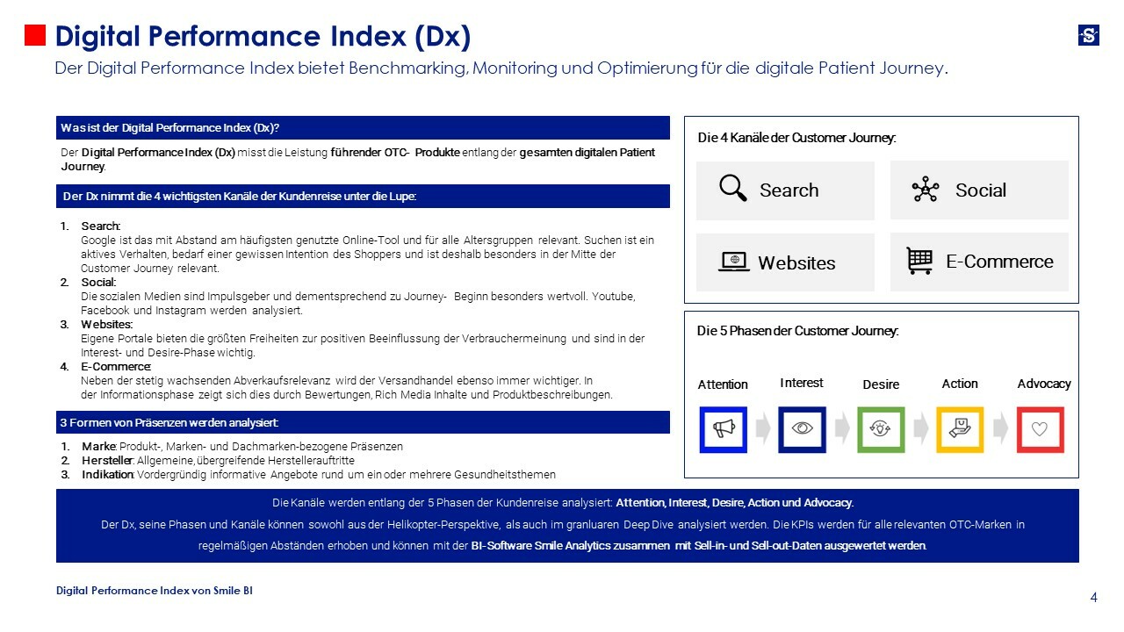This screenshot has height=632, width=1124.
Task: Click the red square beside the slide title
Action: (x=34, y=35)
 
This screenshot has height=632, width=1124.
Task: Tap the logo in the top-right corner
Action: (x=1088, y=35)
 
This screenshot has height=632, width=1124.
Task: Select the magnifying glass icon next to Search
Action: (x=732, y=189)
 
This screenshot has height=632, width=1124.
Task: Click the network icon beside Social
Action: (x=926, y=190)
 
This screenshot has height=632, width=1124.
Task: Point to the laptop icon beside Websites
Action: (x=733, y=262)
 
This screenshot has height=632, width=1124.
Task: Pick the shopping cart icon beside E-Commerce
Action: (x=919, y=261)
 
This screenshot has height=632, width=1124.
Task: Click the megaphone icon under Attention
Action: (x=723, y=429)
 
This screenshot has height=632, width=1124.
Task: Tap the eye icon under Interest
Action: (x=802, y=429)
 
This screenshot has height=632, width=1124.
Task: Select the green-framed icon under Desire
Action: (x=881, y=429)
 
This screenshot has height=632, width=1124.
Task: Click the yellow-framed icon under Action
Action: (x=960, y=429)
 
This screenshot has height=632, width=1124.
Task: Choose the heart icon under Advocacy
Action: (x=1040, y=429)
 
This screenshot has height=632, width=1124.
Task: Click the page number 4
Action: (x=1093, y=598)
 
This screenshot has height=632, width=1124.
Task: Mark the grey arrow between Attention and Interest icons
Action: (x=762, y=429)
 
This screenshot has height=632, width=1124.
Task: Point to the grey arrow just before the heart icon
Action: (x=1000, y=429)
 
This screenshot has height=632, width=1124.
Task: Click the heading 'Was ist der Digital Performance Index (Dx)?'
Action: (x=169, y=128)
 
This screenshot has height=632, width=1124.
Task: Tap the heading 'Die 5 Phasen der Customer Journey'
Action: (x=797, y=331)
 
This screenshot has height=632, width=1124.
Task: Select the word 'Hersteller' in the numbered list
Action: (x=107, y=461)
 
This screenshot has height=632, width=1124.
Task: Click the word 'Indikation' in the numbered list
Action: (x=108, y=475)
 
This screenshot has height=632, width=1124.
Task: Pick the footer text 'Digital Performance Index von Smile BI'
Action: (x=155, y=591)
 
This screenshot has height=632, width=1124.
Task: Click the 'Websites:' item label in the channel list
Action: (x=106, y=325)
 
